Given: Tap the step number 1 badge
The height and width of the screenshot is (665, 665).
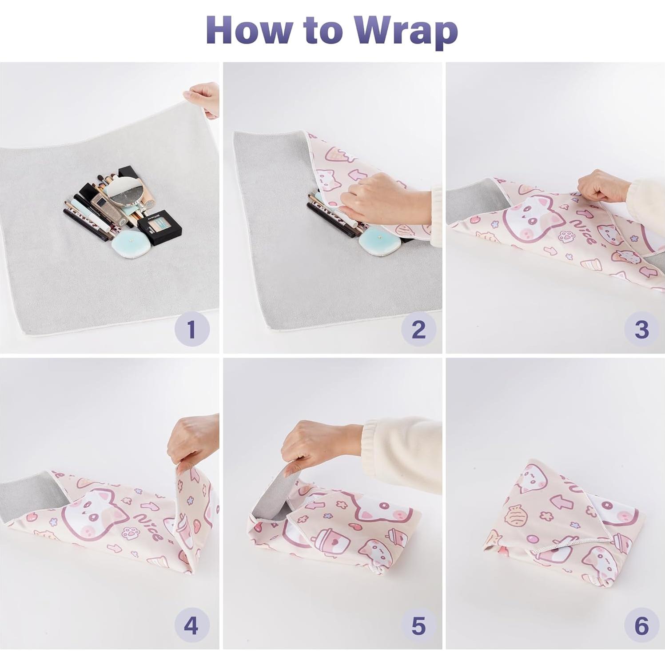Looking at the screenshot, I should click(x=191, y=329).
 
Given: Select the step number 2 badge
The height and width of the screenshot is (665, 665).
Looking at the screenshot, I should click(x=418, y=329).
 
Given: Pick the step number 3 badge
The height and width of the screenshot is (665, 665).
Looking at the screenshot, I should click(x=641, y=329).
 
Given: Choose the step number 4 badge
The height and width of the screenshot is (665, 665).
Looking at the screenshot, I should click(x=191, y=625).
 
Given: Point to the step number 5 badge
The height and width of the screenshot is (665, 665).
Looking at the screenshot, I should click(x=418, y=625).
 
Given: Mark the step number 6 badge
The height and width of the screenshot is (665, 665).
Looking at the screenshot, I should click(x=641, y=625).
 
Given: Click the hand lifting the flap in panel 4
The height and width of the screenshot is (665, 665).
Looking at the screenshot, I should click(x=192, y=440).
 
